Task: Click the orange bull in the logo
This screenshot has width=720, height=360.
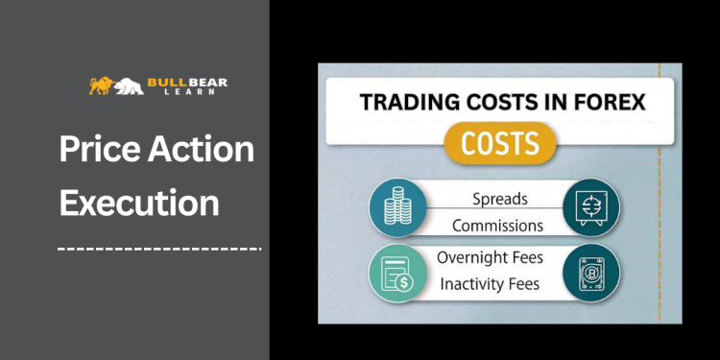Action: tap(100, 85)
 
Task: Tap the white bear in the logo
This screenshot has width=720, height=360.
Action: tap(128, 86)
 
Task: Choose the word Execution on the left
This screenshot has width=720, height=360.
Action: tap(139, 203)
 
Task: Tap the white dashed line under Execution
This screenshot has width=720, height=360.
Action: tap(158, 249)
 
